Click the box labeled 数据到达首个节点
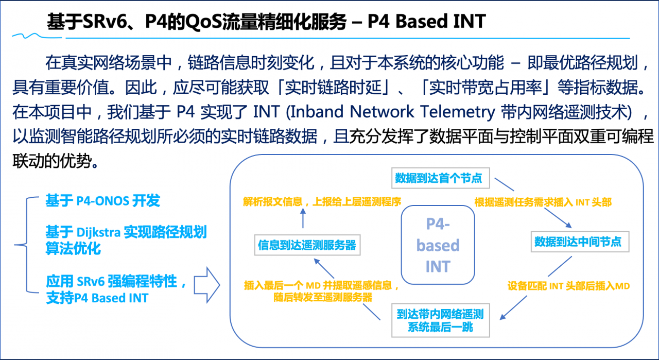439,178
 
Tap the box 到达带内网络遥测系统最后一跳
440,319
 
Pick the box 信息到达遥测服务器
307,245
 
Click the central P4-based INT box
438,245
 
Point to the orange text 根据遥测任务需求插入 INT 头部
543,202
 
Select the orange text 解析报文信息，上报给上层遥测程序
322,201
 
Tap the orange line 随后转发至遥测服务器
323,297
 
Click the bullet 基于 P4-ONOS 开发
103,201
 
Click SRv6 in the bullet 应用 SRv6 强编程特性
91,282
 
